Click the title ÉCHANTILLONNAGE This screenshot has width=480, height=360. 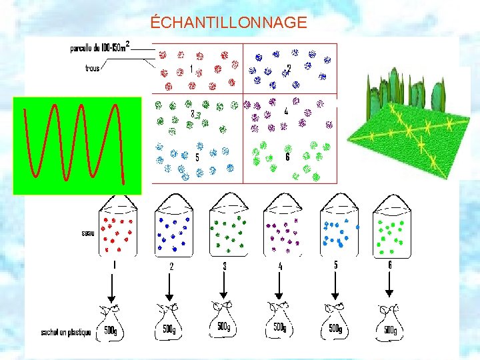(229, 23)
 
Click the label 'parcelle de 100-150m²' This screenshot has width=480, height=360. (100, 47)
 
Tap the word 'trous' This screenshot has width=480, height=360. (93, 67)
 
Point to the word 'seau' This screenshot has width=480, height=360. (87, 233)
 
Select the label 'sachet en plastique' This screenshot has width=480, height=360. (65, 331)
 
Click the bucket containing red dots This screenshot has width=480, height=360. (118, 230)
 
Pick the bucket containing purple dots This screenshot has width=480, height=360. (282, 230)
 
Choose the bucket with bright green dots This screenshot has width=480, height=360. (392, 230)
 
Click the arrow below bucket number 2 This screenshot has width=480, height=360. (169, 287)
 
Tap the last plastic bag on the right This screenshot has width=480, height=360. (388, 323)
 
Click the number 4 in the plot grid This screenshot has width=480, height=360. (286, 111)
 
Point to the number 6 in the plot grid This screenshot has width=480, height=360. (287, 157)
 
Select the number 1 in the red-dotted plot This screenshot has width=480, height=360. (192, 69)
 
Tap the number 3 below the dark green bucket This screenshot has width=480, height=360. (225, 266)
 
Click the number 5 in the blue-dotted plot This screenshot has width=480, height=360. (197, 158)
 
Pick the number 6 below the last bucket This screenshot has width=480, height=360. (389, 265)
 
